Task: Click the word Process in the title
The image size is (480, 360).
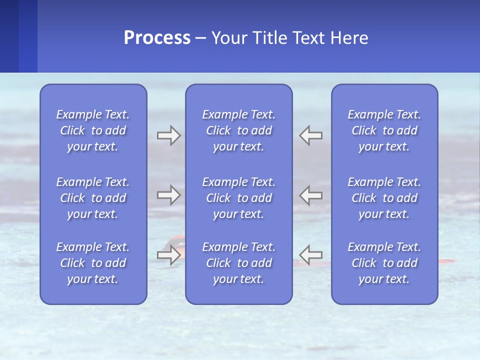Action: [157, 38]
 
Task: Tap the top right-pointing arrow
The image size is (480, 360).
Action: [168, 135]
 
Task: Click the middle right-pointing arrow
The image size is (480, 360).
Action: [168, 194]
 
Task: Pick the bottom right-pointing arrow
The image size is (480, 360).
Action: [168, 255]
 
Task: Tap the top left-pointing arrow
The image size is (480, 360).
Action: [311, 135]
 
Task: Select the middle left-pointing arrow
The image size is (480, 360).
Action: [311, 194]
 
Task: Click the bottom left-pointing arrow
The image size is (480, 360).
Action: [311, 255]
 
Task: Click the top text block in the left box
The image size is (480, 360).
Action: [93, 130]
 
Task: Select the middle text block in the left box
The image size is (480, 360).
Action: [93, 198]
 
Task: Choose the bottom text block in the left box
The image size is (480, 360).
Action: [93, 263]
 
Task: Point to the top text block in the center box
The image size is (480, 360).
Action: [238, 130]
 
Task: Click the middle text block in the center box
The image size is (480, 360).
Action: [238, 198]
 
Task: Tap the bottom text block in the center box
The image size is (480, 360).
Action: [238, 263]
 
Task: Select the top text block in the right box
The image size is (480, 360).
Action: [384, 130]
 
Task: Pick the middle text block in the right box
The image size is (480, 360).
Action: [384, 198]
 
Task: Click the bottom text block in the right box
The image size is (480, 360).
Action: [384, 263]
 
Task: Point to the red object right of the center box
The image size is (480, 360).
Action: [446, 261]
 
